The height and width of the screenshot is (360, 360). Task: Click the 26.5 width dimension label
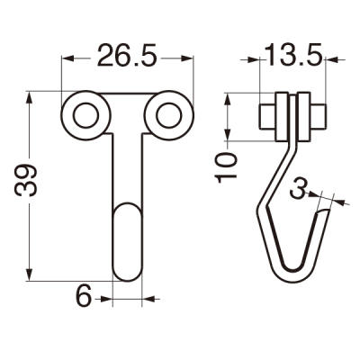coord(127,56)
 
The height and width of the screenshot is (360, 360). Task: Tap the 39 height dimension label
coord(26,180)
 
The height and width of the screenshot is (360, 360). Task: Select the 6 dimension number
coord(84,295)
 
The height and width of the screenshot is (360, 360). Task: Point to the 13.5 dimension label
coord(294,55)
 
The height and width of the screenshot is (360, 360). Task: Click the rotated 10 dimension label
coord(226,167)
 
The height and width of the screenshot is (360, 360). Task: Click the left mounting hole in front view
coord(85,115)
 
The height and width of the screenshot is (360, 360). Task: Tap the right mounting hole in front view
coord(168,115)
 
